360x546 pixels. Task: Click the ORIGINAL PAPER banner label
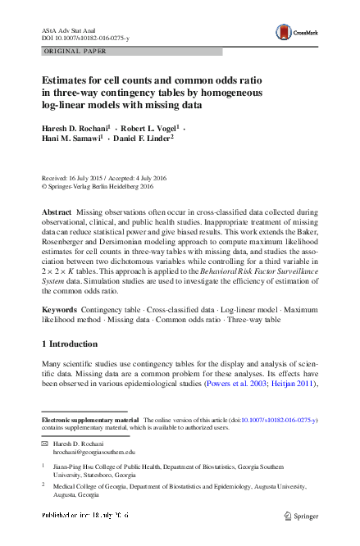pos(67,51)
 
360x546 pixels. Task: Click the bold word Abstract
pos(57,212)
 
